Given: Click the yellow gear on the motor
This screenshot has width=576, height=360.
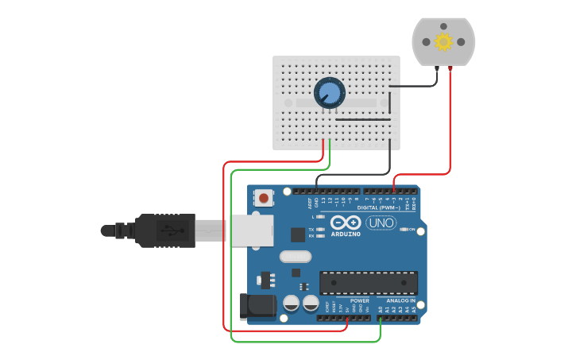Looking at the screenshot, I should point(443,41).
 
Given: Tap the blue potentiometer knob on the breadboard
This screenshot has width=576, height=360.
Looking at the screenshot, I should point(329,94).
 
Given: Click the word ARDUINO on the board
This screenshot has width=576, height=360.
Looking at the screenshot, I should point(346,234).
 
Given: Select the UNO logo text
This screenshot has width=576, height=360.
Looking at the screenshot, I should point(381,223).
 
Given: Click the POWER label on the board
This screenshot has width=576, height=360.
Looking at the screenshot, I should point(359,300).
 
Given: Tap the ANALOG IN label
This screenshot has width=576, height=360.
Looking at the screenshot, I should point(400,300).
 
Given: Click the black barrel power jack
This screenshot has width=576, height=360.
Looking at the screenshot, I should point(257,307).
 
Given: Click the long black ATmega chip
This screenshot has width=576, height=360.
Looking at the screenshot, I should point(369,283).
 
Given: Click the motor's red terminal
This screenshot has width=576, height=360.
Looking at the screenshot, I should point(450,70).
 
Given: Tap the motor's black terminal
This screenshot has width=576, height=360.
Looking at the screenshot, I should point(436,70).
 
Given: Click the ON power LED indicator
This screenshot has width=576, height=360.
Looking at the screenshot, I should point(403,230).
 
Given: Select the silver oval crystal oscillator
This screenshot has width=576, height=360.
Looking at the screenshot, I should point(295,257).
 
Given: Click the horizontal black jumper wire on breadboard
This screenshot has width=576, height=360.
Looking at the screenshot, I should point(362,120).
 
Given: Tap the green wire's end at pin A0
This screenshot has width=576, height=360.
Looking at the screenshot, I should point(381,318).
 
